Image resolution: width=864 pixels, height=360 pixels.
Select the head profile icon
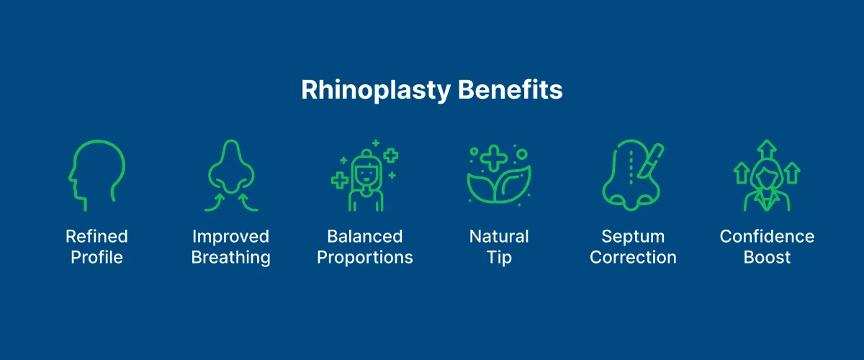tap(96, 175)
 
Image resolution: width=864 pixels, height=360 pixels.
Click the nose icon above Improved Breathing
tap(230, 175)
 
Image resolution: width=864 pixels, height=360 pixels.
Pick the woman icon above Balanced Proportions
tap(365, 180)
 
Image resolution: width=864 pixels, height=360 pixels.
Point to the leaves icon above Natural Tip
tap(498, 180)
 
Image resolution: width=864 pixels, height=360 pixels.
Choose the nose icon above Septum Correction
tap(628, 176)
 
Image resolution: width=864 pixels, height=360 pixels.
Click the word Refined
tap(96, 236)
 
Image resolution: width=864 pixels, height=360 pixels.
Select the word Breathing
tap(230, 258)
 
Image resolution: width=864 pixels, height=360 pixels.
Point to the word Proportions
tap(365, 258)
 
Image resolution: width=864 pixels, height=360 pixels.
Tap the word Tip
tap(499, 258)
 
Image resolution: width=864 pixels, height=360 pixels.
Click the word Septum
tap(633, 236)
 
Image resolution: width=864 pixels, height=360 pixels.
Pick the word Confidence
tap(767, 236)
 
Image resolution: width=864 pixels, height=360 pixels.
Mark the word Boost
tap(767, 258)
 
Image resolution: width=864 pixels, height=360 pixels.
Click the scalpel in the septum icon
tap(654, 158)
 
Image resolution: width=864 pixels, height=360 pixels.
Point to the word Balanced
tap(365, 236)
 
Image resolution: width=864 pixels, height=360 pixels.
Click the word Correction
tap(633, 258)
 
